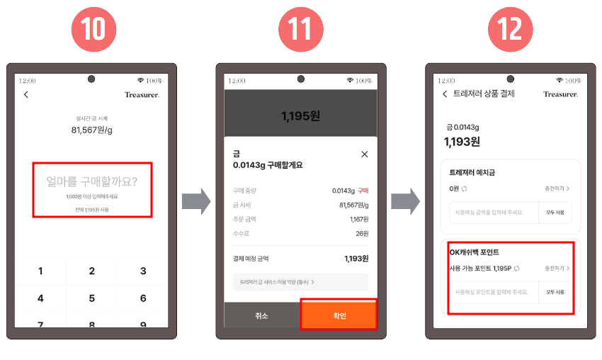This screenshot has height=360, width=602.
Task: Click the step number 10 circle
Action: (93, 28)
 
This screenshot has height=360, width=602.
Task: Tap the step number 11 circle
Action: (302, 28)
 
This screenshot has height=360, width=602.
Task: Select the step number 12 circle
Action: (510, 28)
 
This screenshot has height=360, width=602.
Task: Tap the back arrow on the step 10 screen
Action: (26, 94)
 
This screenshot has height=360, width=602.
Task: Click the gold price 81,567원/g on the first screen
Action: (92, 130)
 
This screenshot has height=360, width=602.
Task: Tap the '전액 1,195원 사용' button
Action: (92, 210)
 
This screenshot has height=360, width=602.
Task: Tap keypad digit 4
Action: (40, 298)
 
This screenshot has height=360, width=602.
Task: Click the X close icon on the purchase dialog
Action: (365, 154)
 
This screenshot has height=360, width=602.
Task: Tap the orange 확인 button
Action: (339, 315)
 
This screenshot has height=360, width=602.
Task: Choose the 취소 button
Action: (262, 315)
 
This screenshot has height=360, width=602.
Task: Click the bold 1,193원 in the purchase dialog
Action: (356, 259)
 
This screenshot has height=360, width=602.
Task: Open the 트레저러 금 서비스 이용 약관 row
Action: (300, 282)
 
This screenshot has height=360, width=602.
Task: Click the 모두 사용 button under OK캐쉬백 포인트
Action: (555, 291)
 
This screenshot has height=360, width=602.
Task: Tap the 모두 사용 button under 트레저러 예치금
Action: (555, 212)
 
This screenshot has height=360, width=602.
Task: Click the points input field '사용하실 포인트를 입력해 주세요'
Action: (494, 291)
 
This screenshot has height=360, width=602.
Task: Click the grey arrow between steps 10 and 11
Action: (195, 202)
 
